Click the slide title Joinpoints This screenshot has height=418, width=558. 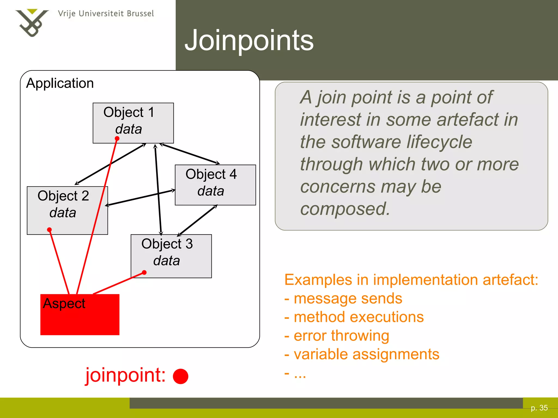point(249,40)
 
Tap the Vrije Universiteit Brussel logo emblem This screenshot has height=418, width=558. point(32,23)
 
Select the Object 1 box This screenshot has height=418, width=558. point(133,123)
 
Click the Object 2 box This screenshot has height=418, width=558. point(67,210)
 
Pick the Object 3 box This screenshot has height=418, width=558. point(171,256)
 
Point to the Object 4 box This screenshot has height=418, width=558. point(215,185)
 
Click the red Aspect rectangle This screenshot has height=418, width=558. point(80,315)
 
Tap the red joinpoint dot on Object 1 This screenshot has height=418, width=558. point(117,139)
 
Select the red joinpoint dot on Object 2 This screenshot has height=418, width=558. point(49,230)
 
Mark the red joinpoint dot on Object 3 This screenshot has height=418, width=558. point(144,272)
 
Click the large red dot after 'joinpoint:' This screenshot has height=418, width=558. point(180,376)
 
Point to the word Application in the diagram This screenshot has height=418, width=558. point(60,83)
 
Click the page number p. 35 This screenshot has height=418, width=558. point(539,408)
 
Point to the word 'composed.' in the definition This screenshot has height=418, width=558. point(345,209)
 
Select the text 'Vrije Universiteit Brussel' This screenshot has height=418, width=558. point(106,14)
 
